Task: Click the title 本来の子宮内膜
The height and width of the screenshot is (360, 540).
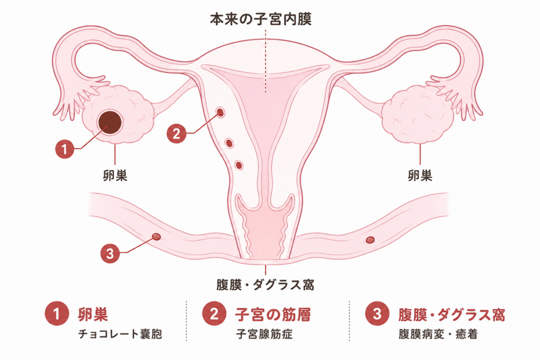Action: (x=261, y=20)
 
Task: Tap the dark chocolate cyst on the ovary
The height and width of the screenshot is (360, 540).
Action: (x=110, y=123)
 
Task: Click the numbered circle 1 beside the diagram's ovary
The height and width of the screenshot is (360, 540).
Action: (x=65, y=149)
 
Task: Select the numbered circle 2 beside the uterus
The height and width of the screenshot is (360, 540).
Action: (x=176, y=133)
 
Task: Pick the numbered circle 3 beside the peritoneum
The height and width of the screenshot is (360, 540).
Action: (x=110, y=254)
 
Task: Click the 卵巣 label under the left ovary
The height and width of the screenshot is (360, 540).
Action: (x=115, y=176)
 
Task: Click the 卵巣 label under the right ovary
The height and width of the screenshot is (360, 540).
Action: (x=420, y=176)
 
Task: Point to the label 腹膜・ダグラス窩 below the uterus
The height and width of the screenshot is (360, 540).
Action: (x=265, y=285)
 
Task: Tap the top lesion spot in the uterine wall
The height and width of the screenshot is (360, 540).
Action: (x=220, y=112)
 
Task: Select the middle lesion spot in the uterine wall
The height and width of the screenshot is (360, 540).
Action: (x=229, y=143)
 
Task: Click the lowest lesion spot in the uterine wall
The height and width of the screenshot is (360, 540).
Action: (x=239, y=165)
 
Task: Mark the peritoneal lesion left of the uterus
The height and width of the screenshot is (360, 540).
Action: (x=156, y=237)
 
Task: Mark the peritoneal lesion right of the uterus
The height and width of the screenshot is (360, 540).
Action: (x=370, y=239)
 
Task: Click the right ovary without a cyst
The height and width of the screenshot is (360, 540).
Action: (x=418, y=115)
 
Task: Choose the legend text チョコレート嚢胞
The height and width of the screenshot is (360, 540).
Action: (x=120, y=334)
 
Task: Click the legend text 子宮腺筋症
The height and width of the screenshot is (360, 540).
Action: (x=264, y=334)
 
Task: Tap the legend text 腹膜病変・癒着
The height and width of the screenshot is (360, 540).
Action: (x=438, y=334)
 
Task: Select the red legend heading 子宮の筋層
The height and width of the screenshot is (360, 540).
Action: (x=273, y=315)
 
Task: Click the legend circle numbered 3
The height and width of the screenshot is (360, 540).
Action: (x=377, y=314)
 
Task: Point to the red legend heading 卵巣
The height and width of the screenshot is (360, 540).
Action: (x=93, y=315)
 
